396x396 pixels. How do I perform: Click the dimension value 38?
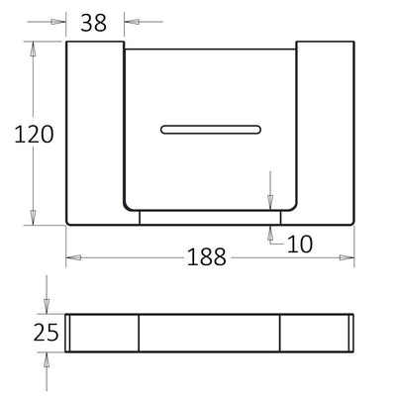(x=93, y=23)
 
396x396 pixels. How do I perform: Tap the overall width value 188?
(x=207, y=257)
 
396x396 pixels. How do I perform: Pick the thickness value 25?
(x=46, y=332)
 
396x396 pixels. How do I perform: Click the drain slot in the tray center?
(x=211, y=129)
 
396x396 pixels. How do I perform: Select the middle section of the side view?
(x=209, y=333)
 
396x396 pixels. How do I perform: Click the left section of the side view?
(x=103, y=333)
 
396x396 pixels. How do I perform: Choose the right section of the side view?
(x=316, y=333)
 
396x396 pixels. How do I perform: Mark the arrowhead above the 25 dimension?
(x=46, y=308)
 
